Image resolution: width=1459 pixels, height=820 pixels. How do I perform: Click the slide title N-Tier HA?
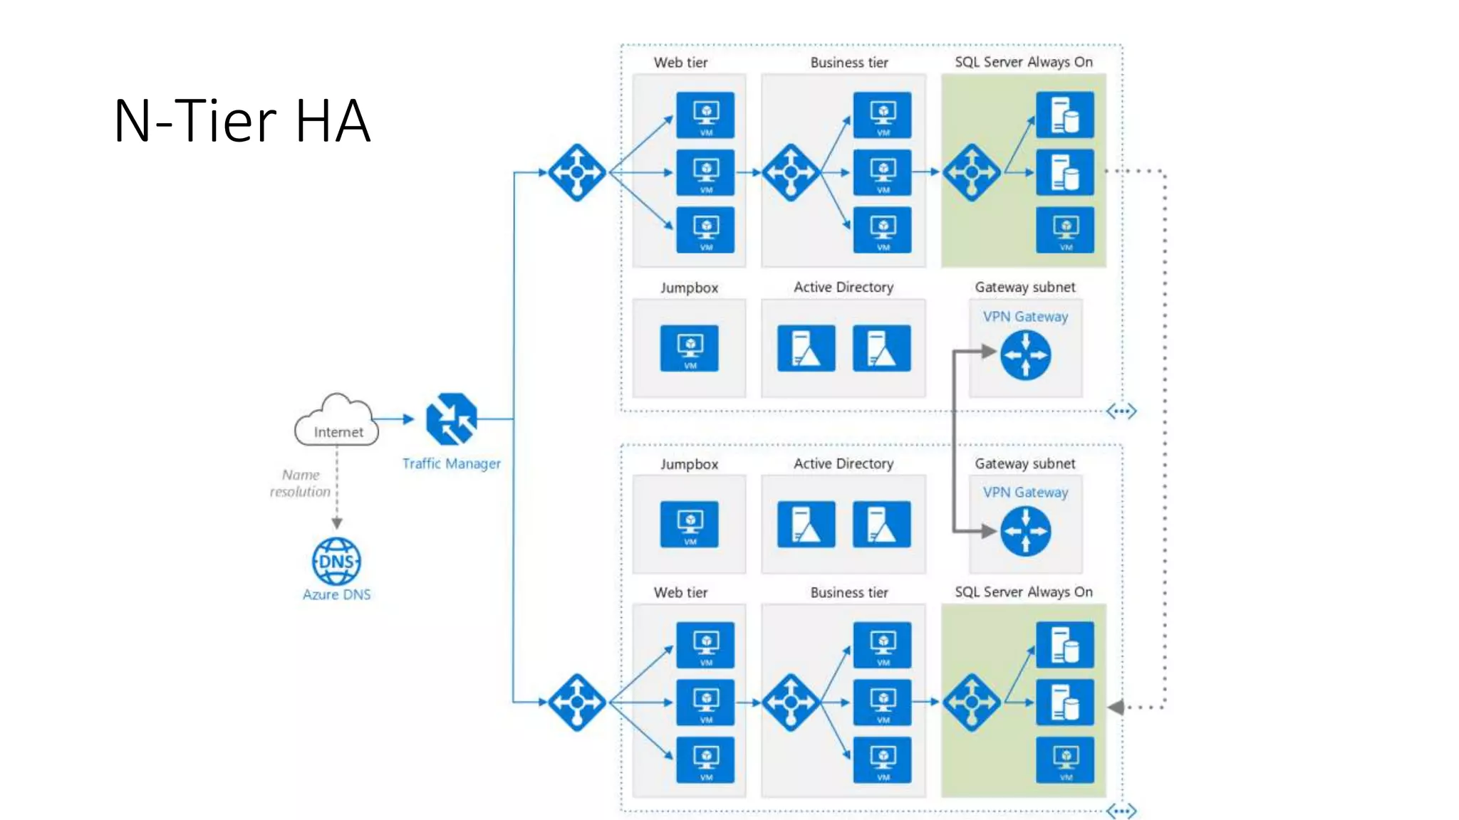coord(242,121)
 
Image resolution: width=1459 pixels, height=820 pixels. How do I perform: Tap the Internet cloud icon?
coord(336,421)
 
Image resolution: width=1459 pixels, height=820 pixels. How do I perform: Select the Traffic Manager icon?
coord(451,419)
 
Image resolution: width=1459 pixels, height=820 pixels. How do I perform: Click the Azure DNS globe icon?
coord(336,562)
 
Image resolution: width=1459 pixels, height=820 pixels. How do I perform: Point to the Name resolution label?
coord(300,483)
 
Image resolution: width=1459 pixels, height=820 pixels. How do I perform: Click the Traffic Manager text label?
coord(451,464)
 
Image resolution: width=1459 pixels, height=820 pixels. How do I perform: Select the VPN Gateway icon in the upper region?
coord(1025,355)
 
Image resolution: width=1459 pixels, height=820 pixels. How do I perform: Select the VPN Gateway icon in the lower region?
coord(1025,531)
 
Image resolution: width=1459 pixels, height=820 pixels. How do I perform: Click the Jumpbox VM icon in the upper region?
coord(689,348)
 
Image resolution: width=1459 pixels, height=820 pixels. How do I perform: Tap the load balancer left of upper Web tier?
coord(577,172)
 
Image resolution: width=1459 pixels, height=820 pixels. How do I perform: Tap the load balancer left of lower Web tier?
coord(577,703)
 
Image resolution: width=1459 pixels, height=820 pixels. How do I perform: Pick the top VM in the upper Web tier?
coord(705,115)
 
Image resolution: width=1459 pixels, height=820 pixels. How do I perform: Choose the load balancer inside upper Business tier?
coord(791,172)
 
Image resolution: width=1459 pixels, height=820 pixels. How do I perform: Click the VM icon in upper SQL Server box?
coord(1065,230)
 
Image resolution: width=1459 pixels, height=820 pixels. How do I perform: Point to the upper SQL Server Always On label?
coord(1023,63)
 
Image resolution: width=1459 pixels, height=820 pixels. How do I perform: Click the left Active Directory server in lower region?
coord(806,525)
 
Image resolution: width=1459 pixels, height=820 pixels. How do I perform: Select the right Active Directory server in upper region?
coord(881,348)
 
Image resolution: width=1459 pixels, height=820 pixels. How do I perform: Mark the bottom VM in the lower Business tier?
coord(882,760)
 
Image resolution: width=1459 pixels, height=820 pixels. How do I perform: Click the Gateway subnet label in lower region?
coord(1024,464)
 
